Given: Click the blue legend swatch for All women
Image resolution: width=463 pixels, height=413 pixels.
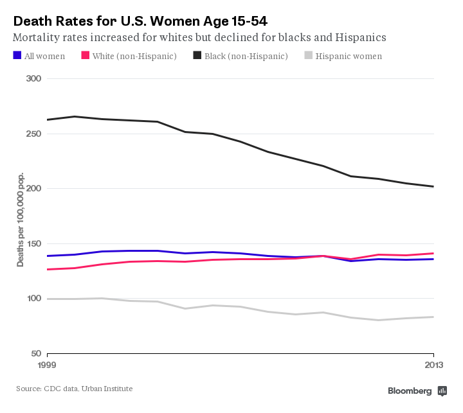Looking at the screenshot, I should (x=17, y=56).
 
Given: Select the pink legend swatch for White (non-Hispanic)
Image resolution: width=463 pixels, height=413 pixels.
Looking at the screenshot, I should (x=84, y=56).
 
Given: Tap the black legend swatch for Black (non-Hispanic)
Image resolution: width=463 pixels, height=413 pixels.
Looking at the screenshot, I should (x=197, y=56).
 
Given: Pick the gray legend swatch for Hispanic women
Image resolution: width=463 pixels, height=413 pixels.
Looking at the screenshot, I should (x=309, y=56).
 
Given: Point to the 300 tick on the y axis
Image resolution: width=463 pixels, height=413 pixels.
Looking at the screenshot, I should (x=33, y=79).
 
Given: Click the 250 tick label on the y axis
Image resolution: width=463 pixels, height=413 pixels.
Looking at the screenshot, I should (x=33, y=134).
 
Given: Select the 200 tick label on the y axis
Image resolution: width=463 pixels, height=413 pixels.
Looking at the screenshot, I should (x=33, y=189).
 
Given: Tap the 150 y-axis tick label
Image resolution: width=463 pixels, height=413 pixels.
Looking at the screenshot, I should (x=33, y=244).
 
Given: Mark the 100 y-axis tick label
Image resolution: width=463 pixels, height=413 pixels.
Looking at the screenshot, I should (x=33, y=299).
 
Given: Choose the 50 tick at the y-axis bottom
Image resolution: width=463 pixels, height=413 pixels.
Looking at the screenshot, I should (x=35, y=354).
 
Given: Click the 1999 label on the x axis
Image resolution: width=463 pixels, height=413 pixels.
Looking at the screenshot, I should (x=47, y=365).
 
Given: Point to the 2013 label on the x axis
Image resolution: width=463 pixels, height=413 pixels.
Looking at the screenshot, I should (x=433, y=365).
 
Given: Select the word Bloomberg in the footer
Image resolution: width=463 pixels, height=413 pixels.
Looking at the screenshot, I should (x=410, y=391).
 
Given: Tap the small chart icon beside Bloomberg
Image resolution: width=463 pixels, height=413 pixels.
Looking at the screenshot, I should (x=442, y=391).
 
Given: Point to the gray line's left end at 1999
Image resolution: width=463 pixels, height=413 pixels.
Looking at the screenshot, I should (x=48, y=299).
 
